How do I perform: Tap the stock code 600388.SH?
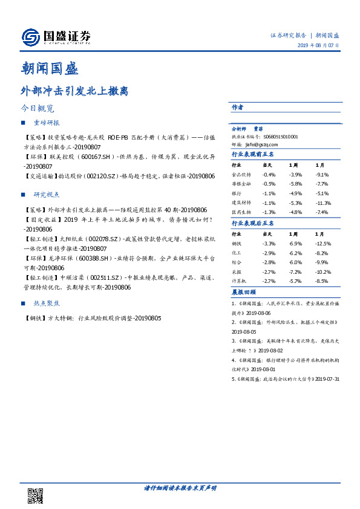pos(91,258)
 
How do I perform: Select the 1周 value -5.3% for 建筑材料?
pos(295,203)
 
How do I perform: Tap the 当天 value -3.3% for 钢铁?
pos(269,243)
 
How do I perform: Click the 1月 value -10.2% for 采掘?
pos(323,272)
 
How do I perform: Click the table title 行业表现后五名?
pos(253,223)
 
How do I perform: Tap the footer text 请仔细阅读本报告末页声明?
pos(180,487)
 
